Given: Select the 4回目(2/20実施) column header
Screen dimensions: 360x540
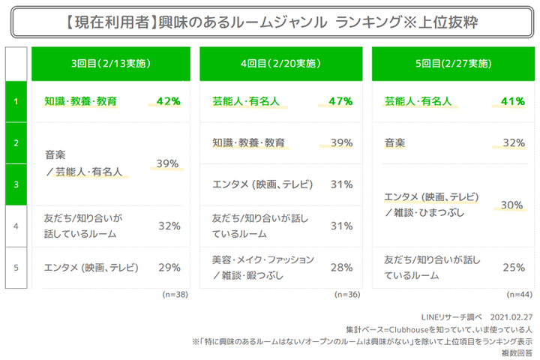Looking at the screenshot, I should click(x=278, y=64).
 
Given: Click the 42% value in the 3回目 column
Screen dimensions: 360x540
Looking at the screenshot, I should click(x=168, y=100).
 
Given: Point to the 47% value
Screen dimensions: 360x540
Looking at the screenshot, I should click(x=340, y=100).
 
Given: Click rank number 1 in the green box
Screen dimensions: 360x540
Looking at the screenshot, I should click(x=16, y=100).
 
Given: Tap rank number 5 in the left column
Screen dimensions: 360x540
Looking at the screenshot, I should click(x=16, y=267).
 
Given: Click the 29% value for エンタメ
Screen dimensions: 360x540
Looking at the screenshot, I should click(x=169, y=267).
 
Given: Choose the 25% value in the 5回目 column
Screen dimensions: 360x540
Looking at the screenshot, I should click(x=512, y=267).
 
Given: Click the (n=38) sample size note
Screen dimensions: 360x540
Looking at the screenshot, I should click(x=174, y=295).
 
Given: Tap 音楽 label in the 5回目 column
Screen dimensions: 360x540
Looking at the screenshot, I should click(x=395, y=142).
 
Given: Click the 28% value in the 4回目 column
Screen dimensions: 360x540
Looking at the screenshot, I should click(x=341, y=267).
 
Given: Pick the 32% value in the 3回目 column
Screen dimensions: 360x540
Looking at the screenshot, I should click(x=169, y=225).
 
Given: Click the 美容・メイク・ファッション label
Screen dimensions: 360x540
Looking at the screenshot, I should click(x=262, y=259).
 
